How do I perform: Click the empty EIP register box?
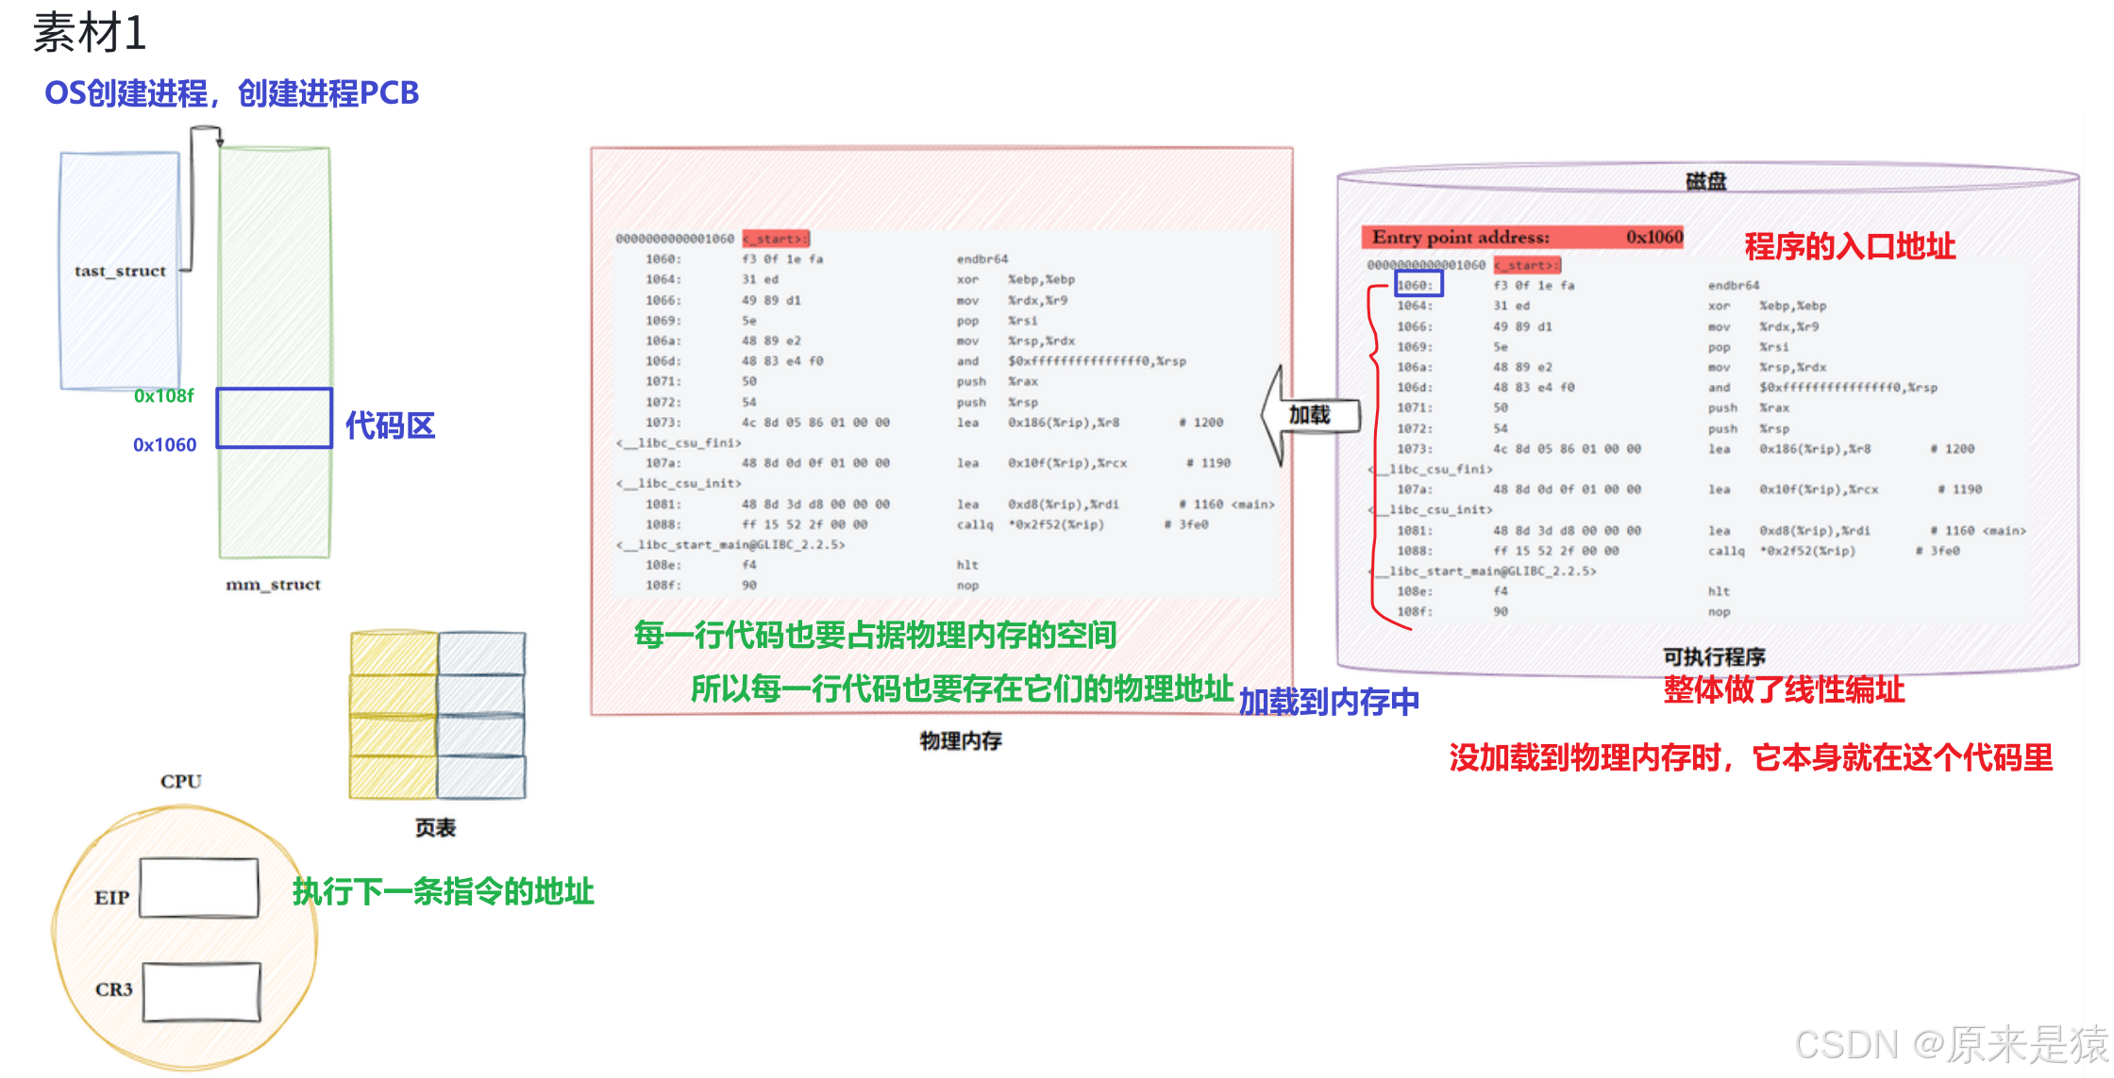click(199, 887)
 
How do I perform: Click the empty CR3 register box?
click(201, 991)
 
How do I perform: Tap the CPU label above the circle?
click(180, 781)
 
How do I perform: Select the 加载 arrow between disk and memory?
click(1311, 415)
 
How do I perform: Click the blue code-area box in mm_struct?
click(274, 418)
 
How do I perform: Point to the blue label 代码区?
click(390, 426)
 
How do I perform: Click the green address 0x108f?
click(163, 396)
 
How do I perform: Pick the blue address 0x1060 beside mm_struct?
click(164, 445)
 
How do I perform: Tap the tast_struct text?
click(120, 272)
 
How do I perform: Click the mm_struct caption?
click(273, 585)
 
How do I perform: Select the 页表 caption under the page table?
click(435, 828)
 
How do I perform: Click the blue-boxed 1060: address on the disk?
click(1418, 285)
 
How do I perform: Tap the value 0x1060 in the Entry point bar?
click(1653, 237)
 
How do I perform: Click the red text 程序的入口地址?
click(1849, 247)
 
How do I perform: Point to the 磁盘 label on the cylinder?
click(1705, 181)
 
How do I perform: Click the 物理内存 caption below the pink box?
click(961, 741)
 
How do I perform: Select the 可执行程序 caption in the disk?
click(1714, 656)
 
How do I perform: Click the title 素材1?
click(90, 34)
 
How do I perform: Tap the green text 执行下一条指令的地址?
click(443, 891)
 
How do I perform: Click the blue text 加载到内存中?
click(1328, 703)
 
